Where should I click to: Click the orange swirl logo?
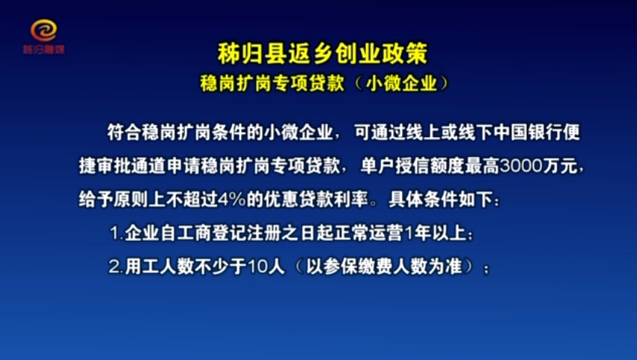pos(44,31)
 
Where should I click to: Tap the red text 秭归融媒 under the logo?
pos(44,49)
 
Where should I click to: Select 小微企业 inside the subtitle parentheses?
pos(402,83)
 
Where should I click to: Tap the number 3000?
pos(521,166)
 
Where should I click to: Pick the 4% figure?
pos(232,200)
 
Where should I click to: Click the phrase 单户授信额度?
pos(412,166)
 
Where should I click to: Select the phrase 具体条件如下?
pos(441,200)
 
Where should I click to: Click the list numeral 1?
pos(115,234)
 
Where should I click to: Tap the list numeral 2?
pos(115,267)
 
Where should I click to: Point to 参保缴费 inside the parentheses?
pos(359,267)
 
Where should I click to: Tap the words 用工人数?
pos(159,267)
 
